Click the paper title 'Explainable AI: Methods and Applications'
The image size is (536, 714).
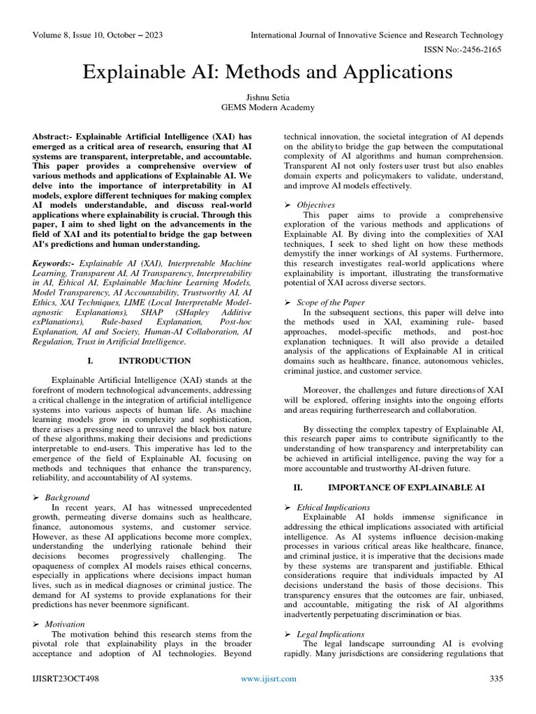tap(268, 73)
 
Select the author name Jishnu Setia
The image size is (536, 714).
tap(268, 97)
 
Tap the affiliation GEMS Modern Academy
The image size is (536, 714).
tap(268, 107)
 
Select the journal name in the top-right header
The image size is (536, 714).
tap(377, 35)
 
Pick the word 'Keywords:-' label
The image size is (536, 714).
tap(54, 264)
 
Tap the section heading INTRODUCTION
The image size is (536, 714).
tap(154, 360)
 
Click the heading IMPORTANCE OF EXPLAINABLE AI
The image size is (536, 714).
tap(406, 487)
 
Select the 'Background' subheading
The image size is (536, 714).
tap(67, 497)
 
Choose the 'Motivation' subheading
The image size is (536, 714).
tap(65, 624)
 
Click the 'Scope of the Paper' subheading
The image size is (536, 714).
tap(330, 303)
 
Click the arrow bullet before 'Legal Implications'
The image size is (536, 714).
tap(288, 634)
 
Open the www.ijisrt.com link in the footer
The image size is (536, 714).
tap(268, 678)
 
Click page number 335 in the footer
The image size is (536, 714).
tap(496, 678)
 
